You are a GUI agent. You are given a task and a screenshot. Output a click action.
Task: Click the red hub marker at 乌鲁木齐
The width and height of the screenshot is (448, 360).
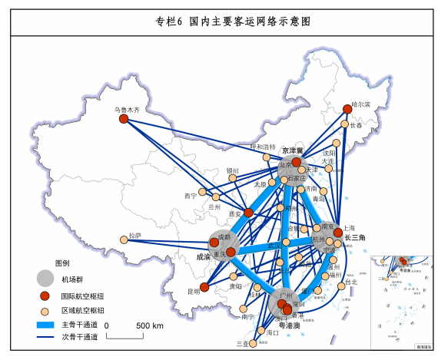[123, 118]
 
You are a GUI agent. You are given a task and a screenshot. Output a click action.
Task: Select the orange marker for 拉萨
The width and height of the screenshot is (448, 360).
[124, 240]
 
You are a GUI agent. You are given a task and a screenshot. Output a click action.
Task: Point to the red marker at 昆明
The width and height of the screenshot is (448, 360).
[204, 286]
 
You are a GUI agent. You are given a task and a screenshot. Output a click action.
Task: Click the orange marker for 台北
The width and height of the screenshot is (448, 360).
[341, 286]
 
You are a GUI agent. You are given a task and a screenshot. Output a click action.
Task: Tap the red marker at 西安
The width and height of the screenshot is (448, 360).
[248, 212]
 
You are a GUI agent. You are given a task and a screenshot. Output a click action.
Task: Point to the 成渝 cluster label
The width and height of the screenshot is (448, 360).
[203, 257]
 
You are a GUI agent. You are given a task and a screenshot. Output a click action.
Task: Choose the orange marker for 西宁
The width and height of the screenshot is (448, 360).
[203, 192]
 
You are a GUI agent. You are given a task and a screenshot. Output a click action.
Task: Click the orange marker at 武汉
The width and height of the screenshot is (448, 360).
[286, 243]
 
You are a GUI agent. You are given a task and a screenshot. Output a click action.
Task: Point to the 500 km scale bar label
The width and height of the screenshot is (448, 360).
[150, 326]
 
